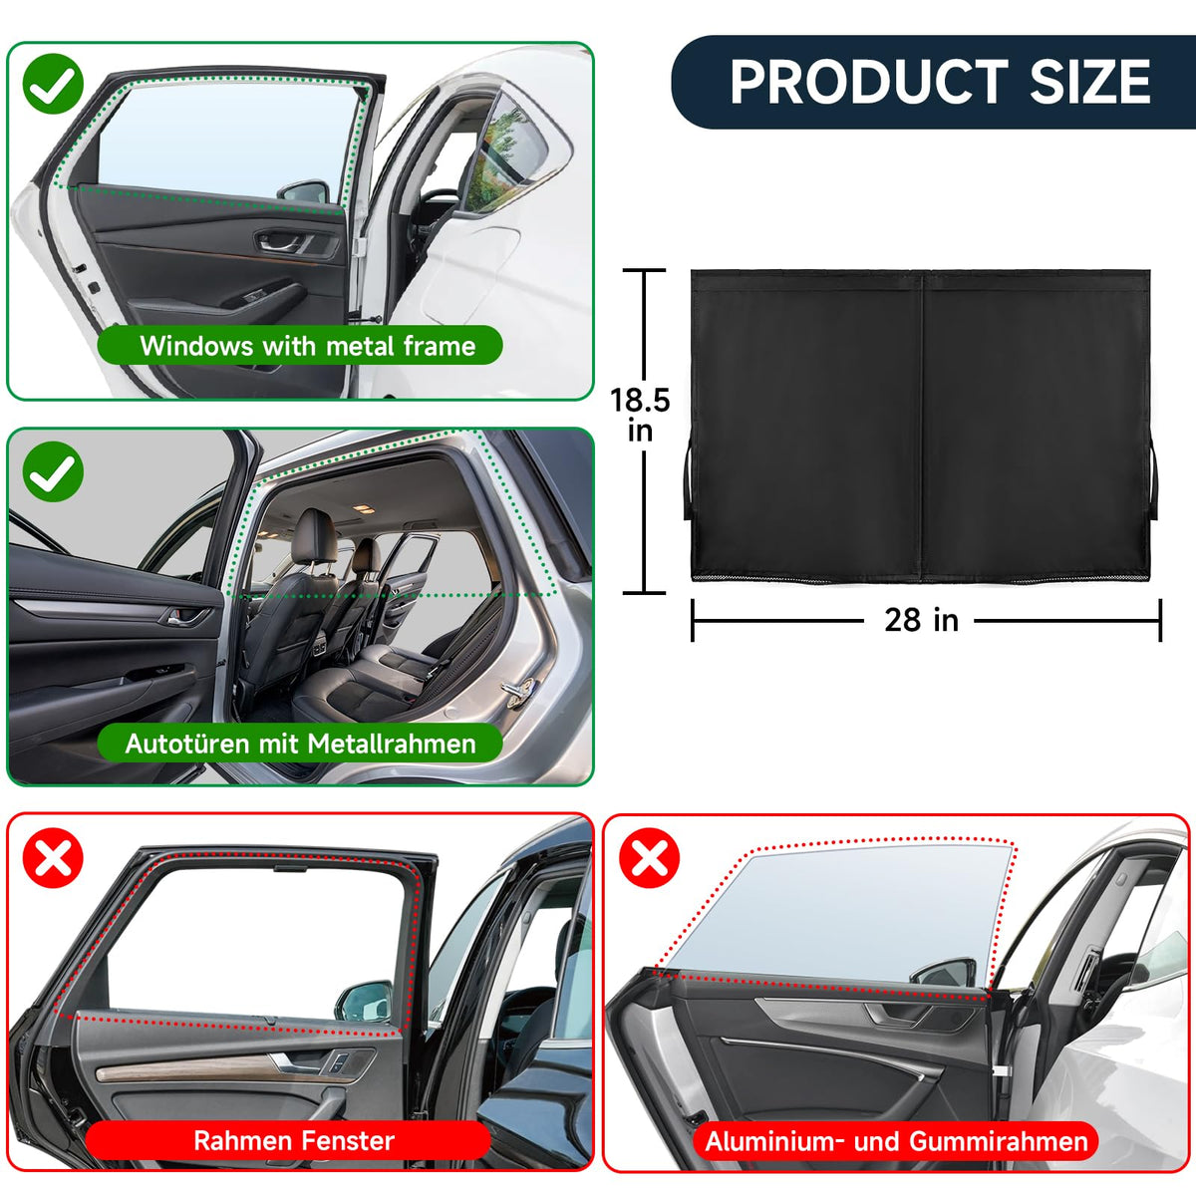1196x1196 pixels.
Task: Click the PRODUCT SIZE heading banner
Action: coord(933,82)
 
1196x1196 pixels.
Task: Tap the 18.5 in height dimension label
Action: coord(640,415)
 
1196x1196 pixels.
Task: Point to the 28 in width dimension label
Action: coord(921,620)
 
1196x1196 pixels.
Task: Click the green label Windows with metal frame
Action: coord(300,345)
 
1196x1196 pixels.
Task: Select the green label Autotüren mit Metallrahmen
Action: coord(300,743)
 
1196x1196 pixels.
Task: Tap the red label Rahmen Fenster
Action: coord(293,1141)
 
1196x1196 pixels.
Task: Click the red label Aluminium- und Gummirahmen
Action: coord(896,1141)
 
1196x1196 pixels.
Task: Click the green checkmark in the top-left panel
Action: coord(53,84)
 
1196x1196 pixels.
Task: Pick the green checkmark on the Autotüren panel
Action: coord(53,471)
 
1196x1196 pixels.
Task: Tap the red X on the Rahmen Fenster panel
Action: coord(53,858)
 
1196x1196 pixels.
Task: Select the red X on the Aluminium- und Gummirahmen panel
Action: coord(649,858)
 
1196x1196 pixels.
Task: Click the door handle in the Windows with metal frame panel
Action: coord(280,241)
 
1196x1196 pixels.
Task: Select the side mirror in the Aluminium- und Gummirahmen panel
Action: coord(948,973)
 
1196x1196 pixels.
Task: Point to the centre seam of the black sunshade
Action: coord(921,426)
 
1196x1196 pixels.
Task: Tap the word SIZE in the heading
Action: coord(1090,82)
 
